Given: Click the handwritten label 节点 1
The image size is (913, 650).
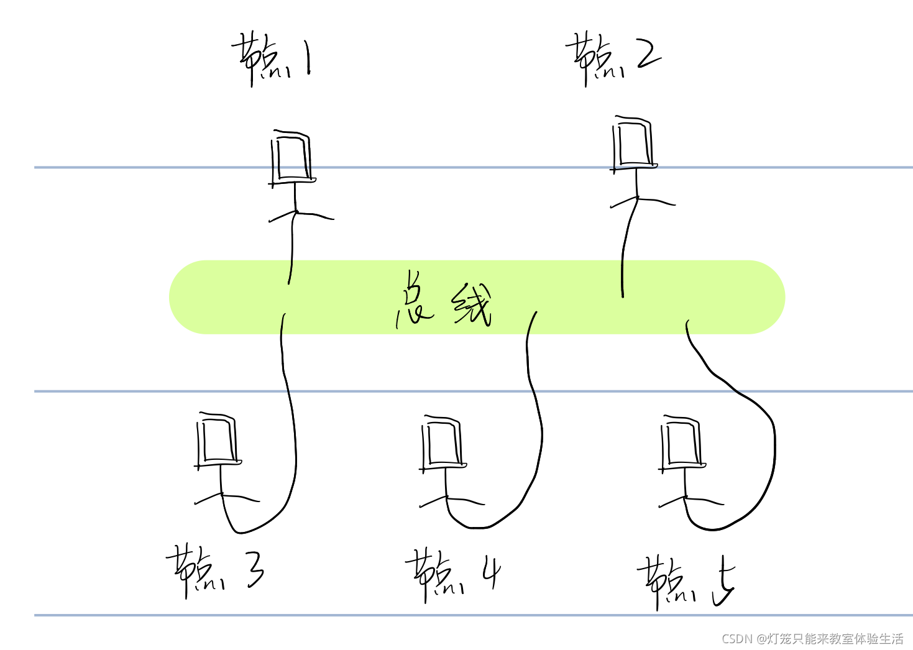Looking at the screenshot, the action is (272, 60).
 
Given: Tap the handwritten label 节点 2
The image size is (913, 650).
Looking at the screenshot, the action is (612, 58).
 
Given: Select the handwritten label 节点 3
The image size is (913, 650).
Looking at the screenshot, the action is (214, 570).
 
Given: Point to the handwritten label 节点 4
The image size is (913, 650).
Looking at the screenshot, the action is (452, 575).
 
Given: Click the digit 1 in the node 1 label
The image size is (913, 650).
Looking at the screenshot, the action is (308, 60).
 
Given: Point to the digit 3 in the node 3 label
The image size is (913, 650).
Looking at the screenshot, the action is (255, 570).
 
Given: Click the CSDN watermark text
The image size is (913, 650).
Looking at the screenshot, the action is (812, 638).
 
